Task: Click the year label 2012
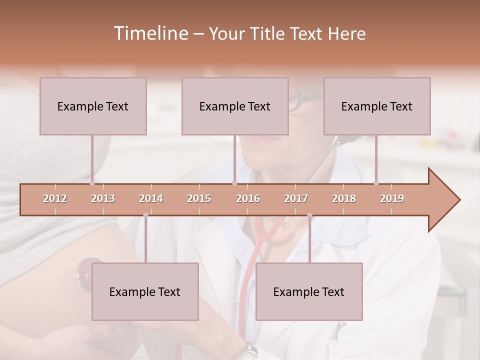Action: pyautogui.click(x=55, y=198)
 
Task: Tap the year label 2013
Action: pyautogui.click(x=103, y=198)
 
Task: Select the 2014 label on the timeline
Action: pyautogui.click(x=151, y=198)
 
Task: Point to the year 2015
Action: pyautogui.click(x=199, y=198)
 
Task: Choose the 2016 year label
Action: pyautogui.click(x=248, y=198)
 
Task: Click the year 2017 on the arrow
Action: pyautogui.click(x=296, y=198)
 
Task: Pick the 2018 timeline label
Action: pyautogui.click(x=344, y=198)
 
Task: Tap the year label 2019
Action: pyautogui.click(x=392, y=198)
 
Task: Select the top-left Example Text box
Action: pyautogui.click(x=93, y=106)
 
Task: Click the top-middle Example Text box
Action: pyautogui.click(x=235, y=106)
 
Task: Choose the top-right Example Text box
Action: pyautogui.click(x=377, y=106)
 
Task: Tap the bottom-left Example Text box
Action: pyautogui.click(x=145, y=291)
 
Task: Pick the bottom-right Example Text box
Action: pyautogui.click(x=309, y=291)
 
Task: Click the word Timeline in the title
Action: pyautogui.click(x=150, y=33)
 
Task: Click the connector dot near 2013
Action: pyautogui.click(x=92, y=183)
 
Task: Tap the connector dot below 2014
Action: pyautogui.click(x=145, y=215)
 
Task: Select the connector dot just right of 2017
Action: pyautogui.click(x=309, y=215)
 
